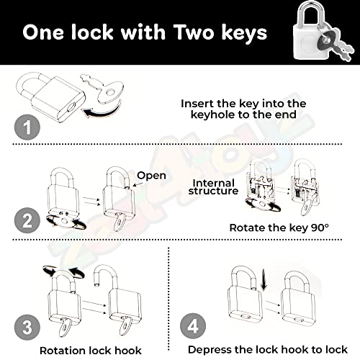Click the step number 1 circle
coord(27,127)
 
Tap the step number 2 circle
coord(27,220)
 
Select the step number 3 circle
coord(27,328)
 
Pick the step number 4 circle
coord(193,326)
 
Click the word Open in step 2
coord(151,176)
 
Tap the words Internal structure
coord(213,187)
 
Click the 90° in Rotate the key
coord(320,228)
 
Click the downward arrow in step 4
coord(264,279)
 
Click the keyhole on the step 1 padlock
coord(72,107)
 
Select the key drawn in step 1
coord(103,89)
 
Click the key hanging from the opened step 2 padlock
coord(120,222)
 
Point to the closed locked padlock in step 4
coord(298,300)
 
